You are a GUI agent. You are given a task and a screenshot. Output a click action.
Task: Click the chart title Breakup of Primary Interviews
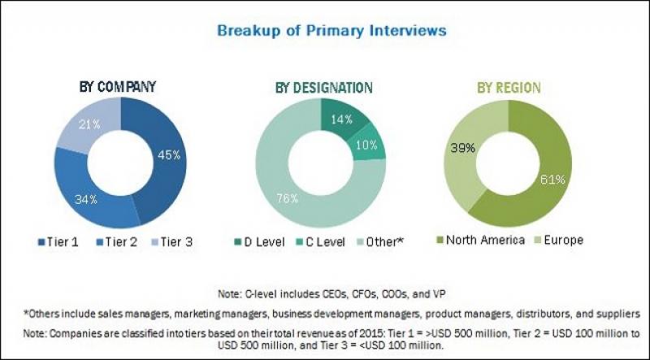pyautogui.click(x=331, y=31)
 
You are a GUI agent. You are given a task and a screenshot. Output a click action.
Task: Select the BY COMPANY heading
pyautogui.click(x=117, y=86)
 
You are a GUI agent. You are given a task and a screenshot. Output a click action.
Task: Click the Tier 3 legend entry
pyautogui.click(x=175, y=241)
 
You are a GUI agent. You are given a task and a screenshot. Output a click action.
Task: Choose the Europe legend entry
pyautogui.click(x=560, y=241)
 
